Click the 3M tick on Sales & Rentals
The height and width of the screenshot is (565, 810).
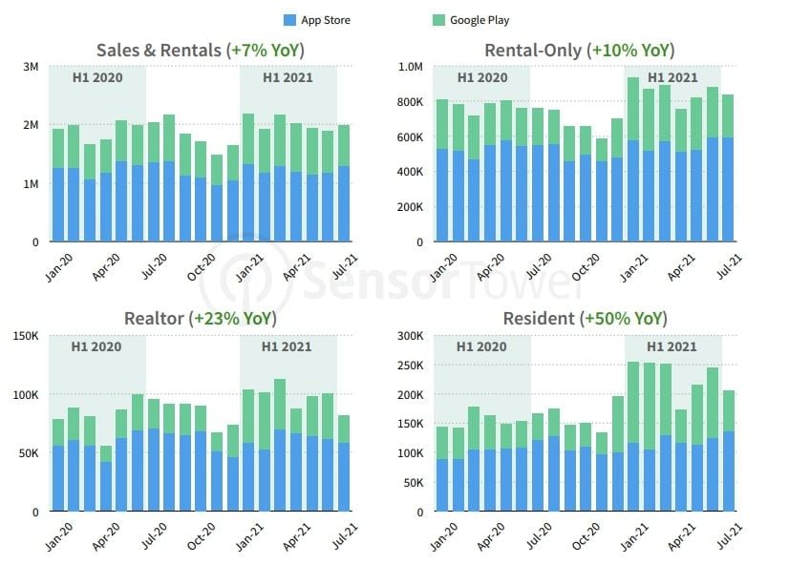coord(31,67)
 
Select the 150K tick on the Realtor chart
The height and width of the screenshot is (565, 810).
coord(25,336)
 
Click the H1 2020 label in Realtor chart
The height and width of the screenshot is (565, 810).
coord(96,346)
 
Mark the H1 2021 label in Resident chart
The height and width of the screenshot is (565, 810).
coord(671,346)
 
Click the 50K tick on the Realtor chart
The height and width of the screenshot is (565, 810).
coord(28,453)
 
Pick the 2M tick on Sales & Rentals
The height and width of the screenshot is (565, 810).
coord(31,125)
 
